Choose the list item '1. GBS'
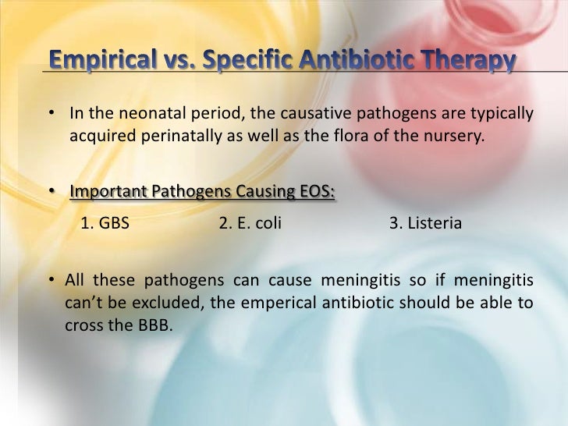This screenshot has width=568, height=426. (x=105, y=224)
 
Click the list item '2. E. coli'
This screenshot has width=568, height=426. (x=250, y=224)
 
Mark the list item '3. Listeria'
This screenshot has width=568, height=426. (x=425, y=224)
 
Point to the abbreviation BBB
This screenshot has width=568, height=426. (x=151, y=325)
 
